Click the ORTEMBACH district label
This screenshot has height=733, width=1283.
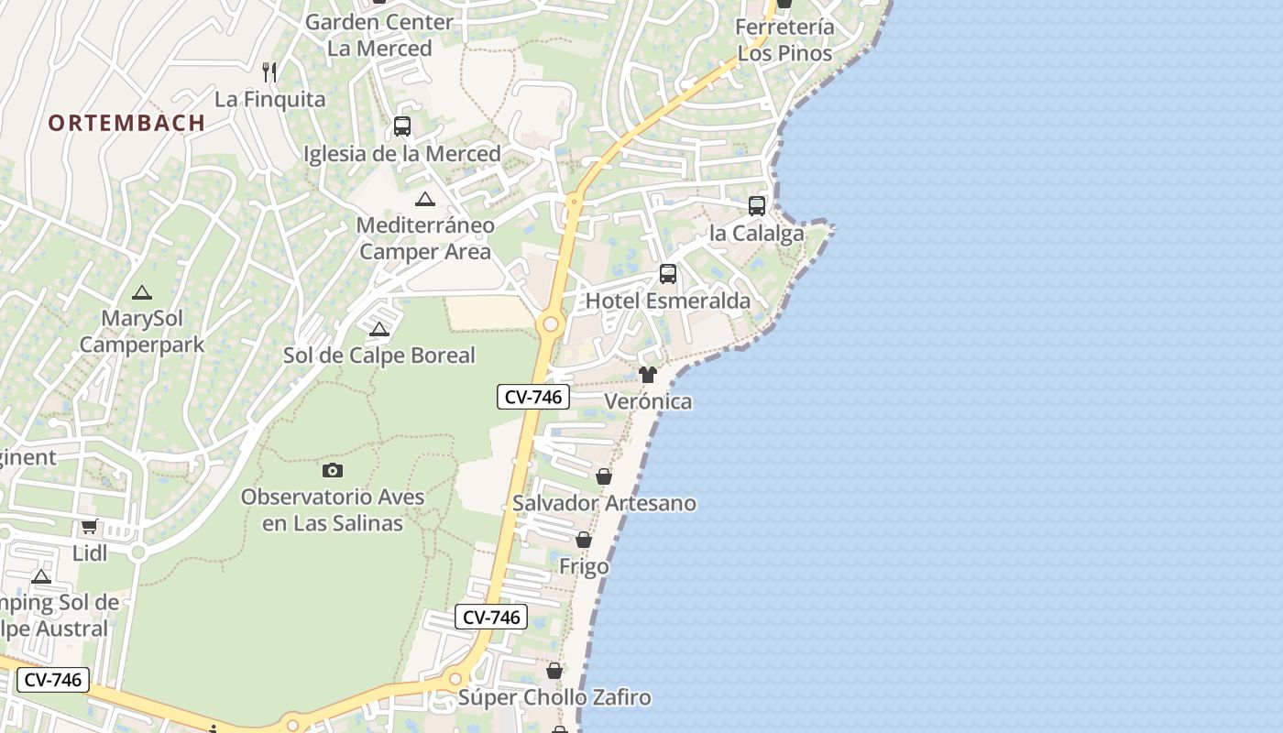click(x=126, y=123)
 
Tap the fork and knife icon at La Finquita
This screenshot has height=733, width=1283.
click(x=269, y=71)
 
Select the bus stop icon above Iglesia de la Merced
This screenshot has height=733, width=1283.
click(x=401, y=126)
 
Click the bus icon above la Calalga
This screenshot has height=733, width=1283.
click(x=757, y=205)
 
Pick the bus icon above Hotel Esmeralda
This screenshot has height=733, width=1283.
click(x=668, y=273)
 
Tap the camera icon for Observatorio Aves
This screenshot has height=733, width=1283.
click(x=333, y=470)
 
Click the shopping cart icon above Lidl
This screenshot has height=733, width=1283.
click(x=89, y=526)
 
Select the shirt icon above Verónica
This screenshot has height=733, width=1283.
click(x=648, y=374)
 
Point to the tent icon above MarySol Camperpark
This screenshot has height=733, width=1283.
click(x=141, y=293)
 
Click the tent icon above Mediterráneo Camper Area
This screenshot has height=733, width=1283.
click(x=424, y=199)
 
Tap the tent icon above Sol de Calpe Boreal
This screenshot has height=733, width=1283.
click(x=378, y=329)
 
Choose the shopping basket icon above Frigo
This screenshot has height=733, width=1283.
click(x=584, y=540)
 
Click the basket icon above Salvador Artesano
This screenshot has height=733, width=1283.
click(x=604, y=476)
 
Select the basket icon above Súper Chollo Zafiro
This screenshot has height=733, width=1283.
click(x=554, y=671)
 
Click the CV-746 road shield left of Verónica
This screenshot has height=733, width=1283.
click(x=533, y=397)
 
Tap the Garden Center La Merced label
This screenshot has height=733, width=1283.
click(x=379, y=35)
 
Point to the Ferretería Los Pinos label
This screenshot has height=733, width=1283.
click(x=785, y=40)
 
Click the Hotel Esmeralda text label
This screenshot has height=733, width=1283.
click(x=667, y=301)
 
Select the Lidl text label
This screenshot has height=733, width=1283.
click(x=90, y=553)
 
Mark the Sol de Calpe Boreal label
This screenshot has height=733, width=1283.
click(x=378, y=356)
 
